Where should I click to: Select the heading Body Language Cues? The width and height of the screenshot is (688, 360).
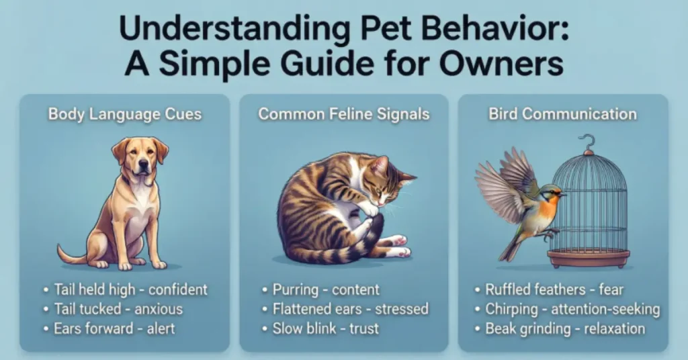pos(124,114)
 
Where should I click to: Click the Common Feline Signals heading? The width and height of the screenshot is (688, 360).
pos(343,114)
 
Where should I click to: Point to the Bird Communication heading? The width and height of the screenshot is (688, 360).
pos(562,114)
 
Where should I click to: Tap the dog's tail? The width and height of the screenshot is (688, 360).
pos(71,255)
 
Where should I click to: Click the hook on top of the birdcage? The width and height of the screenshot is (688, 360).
pos(589,142)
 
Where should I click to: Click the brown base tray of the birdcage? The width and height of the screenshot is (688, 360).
pos(589,257)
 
